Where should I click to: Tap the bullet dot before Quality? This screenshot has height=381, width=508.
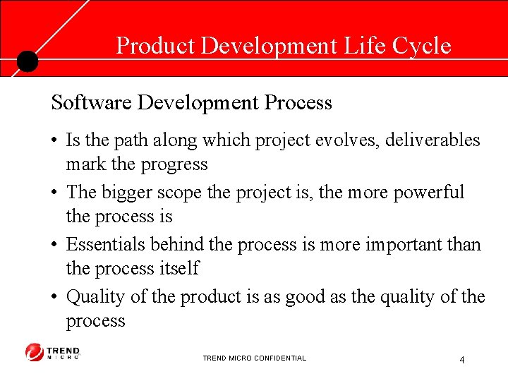pos(55,298)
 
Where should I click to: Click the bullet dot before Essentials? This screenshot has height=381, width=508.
pos(55,246)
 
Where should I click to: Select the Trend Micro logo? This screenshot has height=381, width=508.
pos(53,352)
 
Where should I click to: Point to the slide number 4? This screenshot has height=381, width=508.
pos(461,360)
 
